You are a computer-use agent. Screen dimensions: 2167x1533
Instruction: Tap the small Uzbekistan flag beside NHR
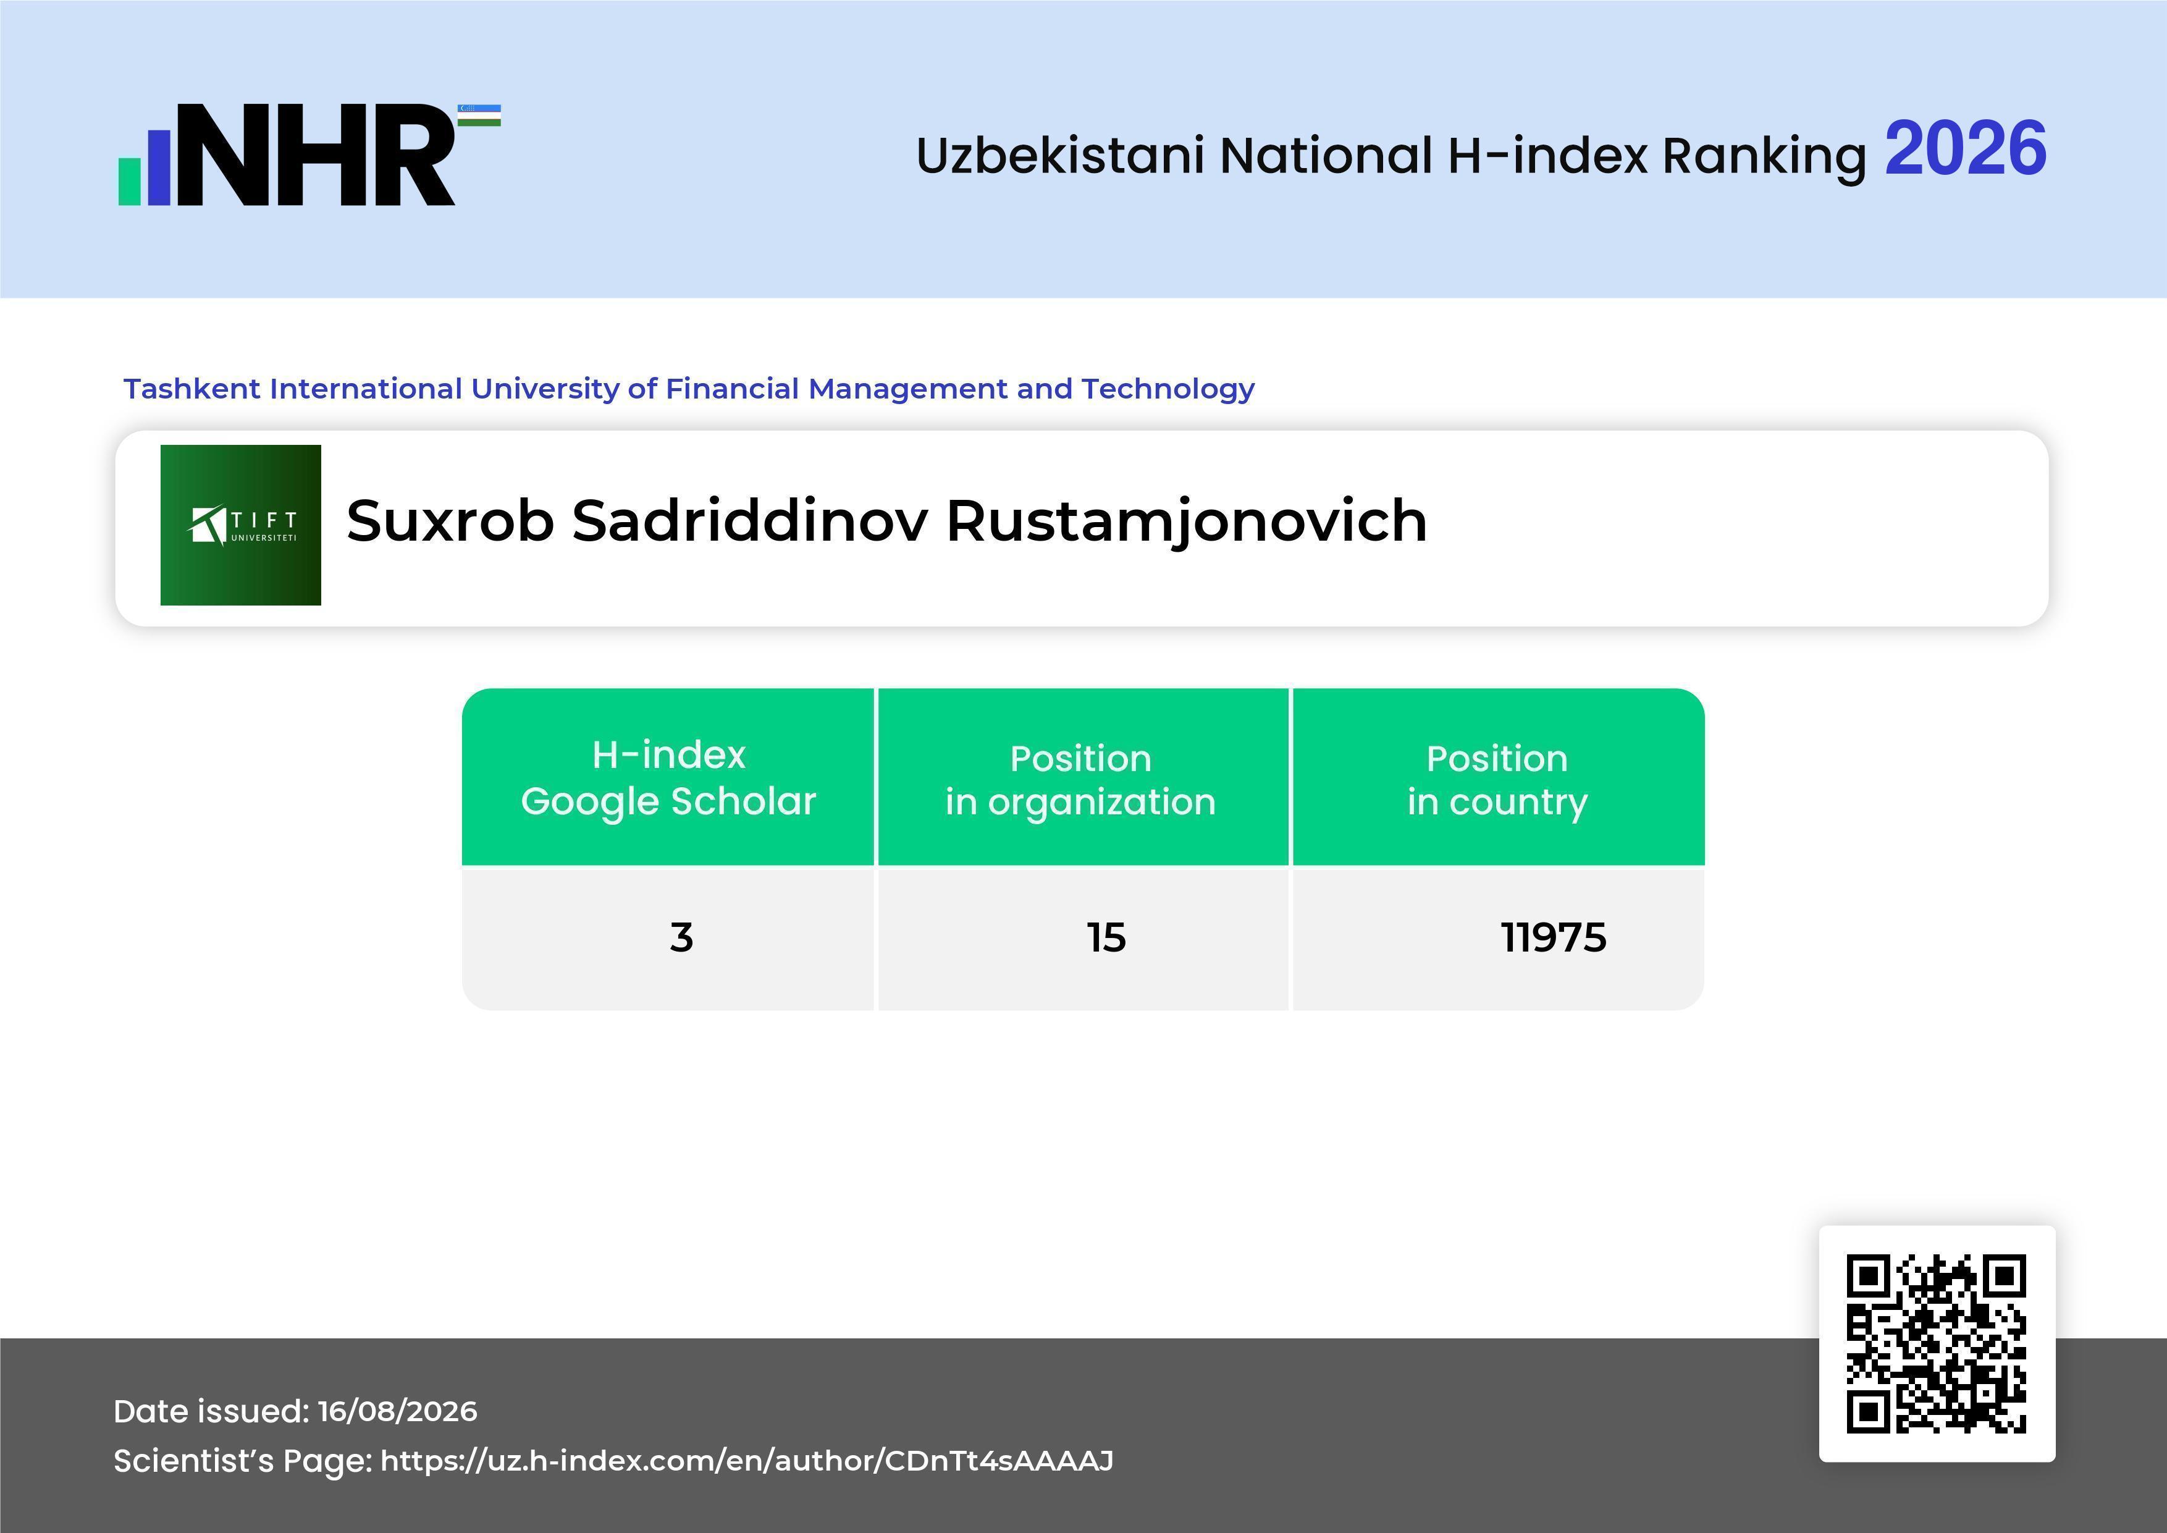point(479,115)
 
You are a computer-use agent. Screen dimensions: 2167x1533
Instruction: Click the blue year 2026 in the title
point(1965,149)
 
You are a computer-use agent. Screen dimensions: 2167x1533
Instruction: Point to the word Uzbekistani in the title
point(1061,155)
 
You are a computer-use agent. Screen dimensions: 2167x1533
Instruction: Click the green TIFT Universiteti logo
point(241,525)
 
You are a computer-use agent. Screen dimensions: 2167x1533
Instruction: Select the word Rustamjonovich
point(1187,522)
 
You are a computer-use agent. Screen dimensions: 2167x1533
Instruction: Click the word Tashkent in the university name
point(193,388)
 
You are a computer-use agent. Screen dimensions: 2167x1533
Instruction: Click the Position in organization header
point(1080,780)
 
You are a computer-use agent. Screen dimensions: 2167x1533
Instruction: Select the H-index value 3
point(681,937)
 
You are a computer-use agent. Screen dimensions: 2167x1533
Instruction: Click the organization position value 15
point(1106,937)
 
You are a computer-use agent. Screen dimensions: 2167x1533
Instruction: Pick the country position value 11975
point(1554,937)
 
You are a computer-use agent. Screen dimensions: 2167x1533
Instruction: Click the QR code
point(1937,1343)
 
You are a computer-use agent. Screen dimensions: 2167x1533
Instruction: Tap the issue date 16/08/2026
point(397,1411)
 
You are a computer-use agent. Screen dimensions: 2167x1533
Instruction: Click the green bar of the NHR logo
point(129,181)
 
